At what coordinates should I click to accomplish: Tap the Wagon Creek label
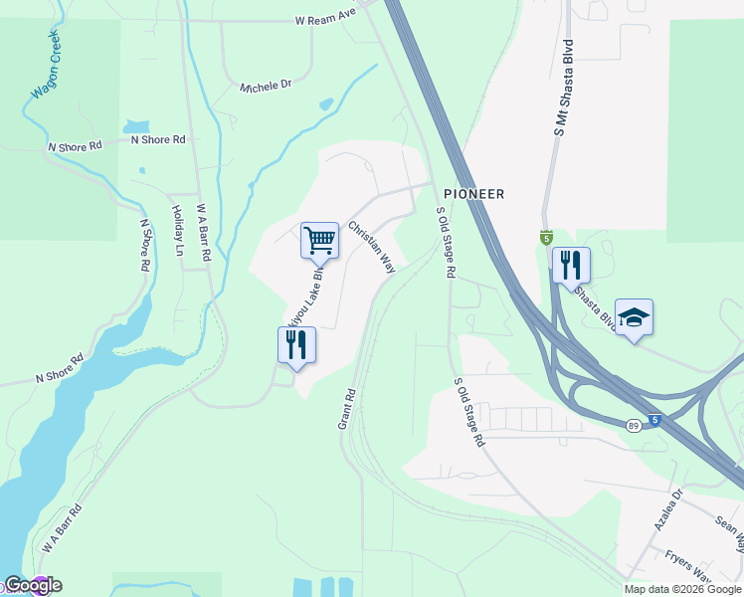pos(46,66)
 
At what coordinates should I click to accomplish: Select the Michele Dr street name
pos(266,88)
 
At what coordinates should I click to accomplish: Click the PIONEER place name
pos(474,194)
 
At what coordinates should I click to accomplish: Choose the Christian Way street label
pos(372,247)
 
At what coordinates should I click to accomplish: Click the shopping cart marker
pos(319,240)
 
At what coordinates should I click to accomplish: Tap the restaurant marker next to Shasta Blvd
pos(571,265)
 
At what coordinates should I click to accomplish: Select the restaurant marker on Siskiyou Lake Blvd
pos(296,344)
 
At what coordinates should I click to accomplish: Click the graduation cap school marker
pos(634,317)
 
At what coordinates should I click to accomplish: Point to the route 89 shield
pos(633,425)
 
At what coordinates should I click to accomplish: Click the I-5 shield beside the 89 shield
pos(653,420)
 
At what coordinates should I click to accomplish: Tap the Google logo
pos(32,586)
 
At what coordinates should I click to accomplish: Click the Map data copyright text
pos(683,589)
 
